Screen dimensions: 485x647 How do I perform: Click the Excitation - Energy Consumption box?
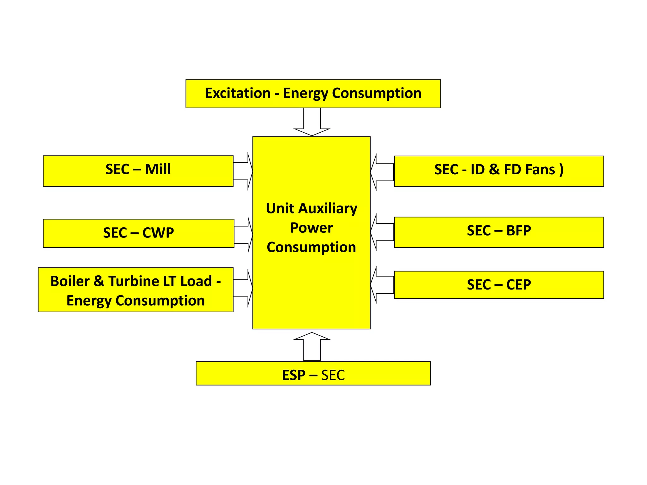click(313, 94)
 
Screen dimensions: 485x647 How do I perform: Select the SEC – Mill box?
click(138, 171)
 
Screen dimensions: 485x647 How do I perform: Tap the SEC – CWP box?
click(138, 233)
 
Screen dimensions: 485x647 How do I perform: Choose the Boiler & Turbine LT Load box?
click(136, 290)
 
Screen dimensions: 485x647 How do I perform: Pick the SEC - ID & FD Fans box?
click(499, 171)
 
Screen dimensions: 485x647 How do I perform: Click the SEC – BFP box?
click(499, 232)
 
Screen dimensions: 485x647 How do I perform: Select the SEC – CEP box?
click(499, 284)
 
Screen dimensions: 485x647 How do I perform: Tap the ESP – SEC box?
click(313, 373)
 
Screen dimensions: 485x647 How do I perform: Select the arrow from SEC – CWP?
click(244, 235)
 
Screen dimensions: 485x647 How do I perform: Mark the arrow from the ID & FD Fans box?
click(382, 172)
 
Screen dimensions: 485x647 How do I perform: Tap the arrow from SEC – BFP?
click(382, 232)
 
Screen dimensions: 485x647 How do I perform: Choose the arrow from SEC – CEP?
click(382, 285)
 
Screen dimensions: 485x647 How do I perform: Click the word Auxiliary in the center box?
click(328, 209)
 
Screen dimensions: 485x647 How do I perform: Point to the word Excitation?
click(238, 93)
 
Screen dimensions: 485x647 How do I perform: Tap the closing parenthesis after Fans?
click(561, 170)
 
